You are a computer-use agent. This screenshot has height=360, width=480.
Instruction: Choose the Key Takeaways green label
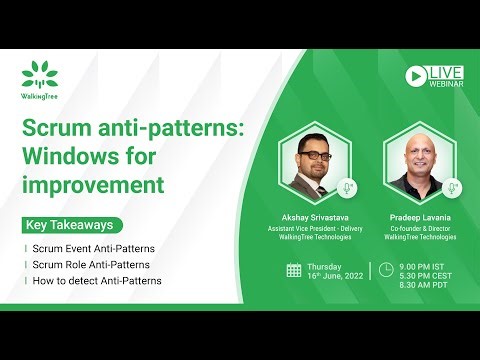70,225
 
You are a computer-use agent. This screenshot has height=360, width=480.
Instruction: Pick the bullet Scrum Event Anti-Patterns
96,247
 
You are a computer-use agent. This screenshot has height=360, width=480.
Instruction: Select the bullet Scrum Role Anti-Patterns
93,264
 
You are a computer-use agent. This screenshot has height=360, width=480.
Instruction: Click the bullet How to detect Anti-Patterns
98,281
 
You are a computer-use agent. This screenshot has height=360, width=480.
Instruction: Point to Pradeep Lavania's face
419,156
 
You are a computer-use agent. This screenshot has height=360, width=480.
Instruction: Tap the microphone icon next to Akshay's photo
348,187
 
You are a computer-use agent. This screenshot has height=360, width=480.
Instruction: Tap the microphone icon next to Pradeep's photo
452,187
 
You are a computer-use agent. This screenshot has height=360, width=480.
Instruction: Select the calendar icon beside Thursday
294,270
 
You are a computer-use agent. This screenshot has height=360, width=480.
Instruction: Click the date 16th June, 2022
333,275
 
